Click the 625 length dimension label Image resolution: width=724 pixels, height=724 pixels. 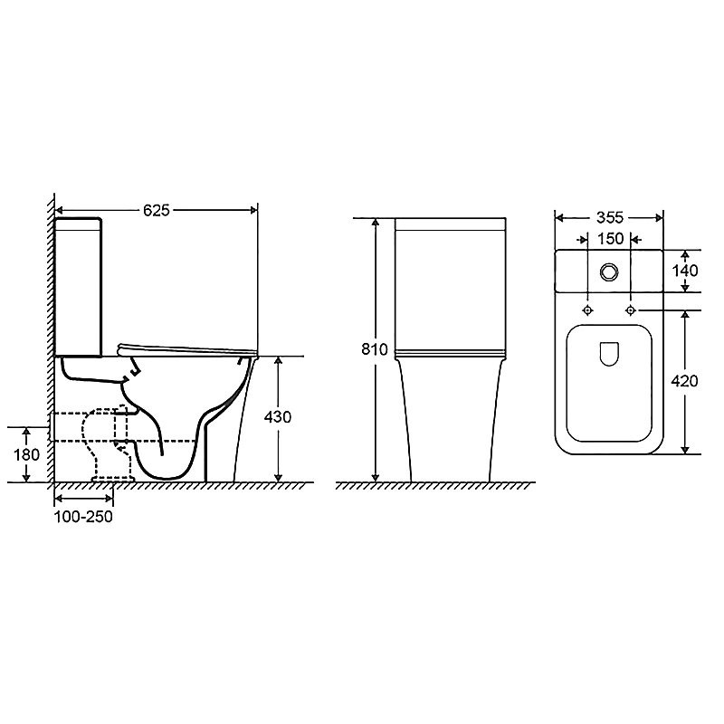pos(157,211)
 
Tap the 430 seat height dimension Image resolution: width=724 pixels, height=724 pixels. pos(278,417)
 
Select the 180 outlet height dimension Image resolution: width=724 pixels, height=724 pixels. pos(27,455)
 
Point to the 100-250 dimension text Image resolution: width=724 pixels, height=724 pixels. pos(83,516)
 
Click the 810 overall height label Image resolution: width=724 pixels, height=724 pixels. pos(375,349)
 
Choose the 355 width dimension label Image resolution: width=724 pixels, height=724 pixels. pos(609,217)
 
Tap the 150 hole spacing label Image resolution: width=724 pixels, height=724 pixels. pos(610,239)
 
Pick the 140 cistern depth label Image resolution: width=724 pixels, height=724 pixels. pos(685,271)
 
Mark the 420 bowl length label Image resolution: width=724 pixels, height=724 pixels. pos(684,381)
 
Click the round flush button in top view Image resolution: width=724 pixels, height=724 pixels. pos(609,271)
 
